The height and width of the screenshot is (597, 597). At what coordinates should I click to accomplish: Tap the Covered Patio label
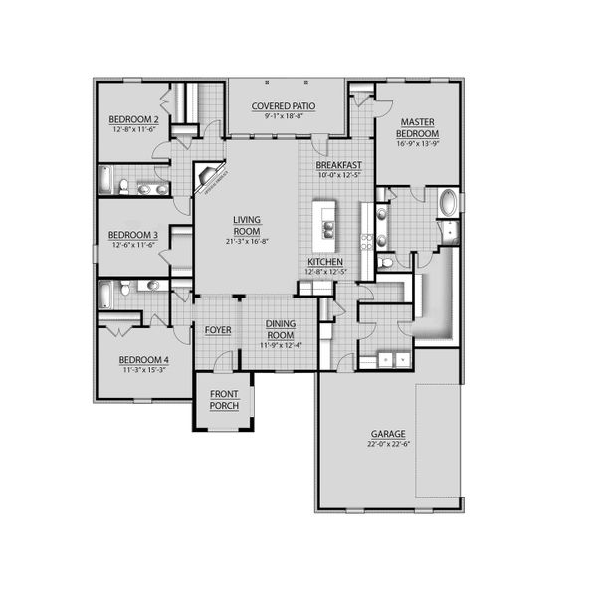click(285, 106)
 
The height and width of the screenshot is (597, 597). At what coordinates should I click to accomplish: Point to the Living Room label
click(246, 226)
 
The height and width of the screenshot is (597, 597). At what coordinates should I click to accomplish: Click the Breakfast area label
click(338, 165)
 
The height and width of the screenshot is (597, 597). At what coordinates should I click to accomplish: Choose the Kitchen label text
click(325, 262)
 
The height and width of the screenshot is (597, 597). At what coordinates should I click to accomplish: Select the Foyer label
click(218, 330)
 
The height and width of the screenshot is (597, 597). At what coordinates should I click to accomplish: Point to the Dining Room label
click(283, 329)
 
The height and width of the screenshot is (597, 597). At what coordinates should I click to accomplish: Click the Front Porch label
click(223, 399)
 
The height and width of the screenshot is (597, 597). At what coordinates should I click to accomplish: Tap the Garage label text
click(388, 434)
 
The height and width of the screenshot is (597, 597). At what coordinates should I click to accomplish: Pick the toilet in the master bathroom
click(384, 264)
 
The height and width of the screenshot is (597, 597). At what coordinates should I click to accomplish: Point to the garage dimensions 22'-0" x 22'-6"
click(388, 445)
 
